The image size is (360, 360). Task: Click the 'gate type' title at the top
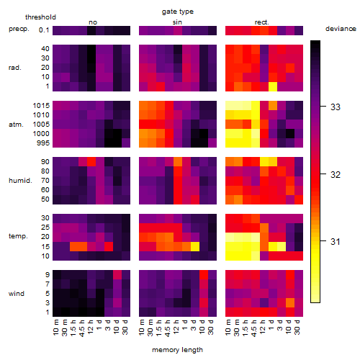pyautogui.click(x=178, y=12)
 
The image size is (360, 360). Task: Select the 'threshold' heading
pyautogui.click(x=40, y=17)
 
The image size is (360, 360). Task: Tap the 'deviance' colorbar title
pyautogui.click(x=341, y=29)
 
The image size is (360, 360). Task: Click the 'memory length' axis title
pyautogui.click(x=177, y=350)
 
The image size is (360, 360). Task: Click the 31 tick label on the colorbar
pyautogui.click(x=336, y=241)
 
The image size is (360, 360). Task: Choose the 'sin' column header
pyautogui.click(x=177, y=22)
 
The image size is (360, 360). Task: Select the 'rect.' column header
pyautogui.click(x=261, y=22)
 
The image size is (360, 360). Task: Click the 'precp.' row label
pyautogui.click(x=19, y=29)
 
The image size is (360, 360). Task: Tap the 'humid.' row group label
pyautogui.click(x=20, y=180)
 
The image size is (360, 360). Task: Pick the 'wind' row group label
pyautogui.click(x=17, y=294)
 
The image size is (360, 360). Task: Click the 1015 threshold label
pyautogui.click(x=41, y=106)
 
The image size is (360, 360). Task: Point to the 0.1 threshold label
pyautogui.click(x=44, y=30)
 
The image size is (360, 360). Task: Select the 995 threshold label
pyautogui.click(x=43, y=143)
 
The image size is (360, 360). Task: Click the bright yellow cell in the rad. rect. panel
pyautogui.click(x=273, y=86)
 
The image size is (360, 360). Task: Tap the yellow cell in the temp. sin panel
pyautogui.click(x=195, y=246)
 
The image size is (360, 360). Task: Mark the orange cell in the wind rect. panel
pyautogui.click(x=290, y=302)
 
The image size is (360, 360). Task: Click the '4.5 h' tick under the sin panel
pyautogui.click(x=168, y=328)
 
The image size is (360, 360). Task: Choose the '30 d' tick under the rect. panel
pyautogui.click(x=297, y=328)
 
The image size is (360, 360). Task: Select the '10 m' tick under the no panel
pyautogui.click(x=55, y=328)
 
